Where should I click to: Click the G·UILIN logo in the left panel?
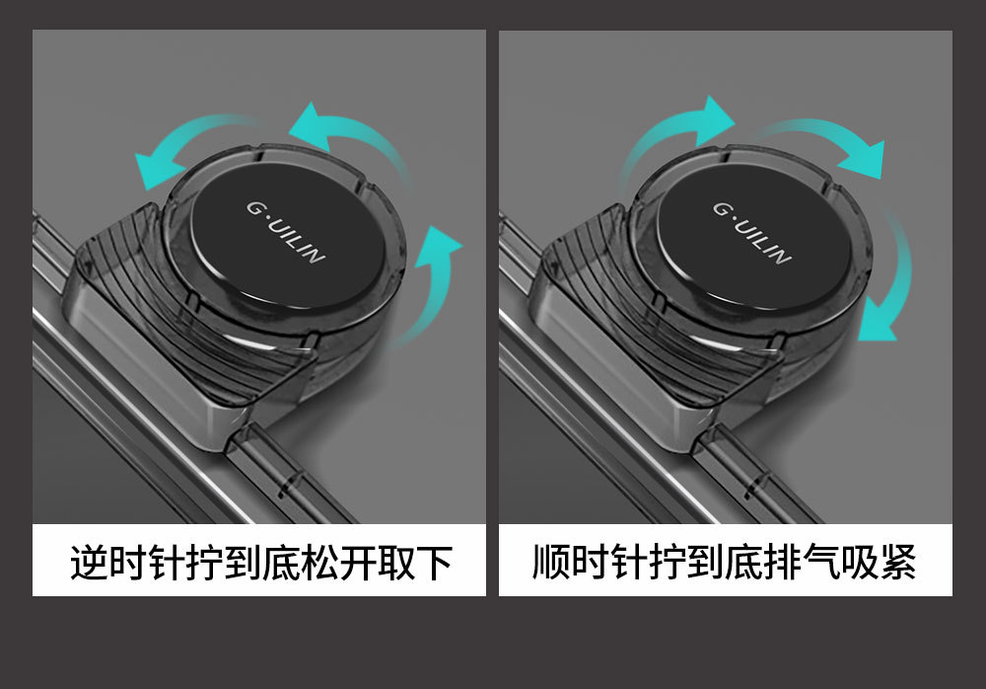pos(286,232)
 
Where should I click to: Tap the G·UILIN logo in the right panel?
pos(752,233)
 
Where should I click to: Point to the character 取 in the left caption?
pos(396,562)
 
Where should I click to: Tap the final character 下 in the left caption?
pos(435,562)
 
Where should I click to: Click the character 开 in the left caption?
pos(358,562)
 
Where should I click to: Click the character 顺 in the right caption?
pos(551,562)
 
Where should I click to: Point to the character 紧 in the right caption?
pos(897,562)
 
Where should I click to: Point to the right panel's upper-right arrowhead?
pos(864,159)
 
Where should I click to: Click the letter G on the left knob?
pos(253,208)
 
